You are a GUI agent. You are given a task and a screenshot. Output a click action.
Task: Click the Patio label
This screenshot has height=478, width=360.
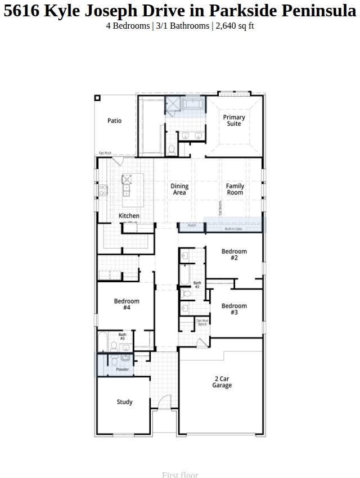click(114, 121)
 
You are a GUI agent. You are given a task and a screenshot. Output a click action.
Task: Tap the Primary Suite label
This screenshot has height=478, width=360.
click(234, 120)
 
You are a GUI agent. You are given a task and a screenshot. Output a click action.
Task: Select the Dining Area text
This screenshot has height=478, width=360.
click(179, 190)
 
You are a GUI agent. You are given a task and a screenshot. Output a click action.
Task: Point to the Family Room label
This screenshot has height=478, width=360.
click(235, 190)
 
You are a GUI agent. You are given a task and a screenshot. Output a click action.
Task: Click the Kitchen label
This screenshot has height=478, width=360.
click(129, 216)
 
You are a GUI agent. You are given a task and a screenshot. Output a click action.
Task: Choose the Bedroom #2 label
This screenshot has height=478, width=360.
click(234, 255)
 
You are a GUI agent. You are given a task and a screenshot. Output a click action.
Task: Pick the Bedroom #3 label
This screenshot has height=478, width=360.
click(234, 309)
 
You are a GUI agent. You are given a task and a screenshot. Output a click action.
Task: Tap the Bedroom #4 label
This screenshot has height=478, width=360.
click(127, 304)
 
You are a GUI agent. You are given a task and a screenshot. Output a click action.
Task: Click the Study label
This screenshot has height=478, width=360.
click(125, 402)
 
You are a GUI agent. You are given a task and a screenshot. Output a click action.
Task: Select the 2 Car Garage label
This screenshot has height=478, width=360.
click(222, 382)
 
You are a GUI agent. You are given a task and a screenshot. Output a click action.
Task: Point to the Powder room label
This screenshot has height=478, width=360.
click(122, 369)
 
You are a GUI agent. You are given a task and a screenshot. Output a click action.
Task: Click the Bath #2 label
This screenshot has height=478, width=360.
click(197, 285)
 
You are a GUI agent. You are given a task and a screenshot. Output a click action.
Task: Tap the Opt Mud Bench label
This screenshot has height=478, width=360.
click(202, 322)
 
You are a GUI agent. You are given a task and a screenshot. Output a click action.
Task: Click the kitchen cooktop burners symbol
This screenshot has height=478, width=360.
click(103, 191)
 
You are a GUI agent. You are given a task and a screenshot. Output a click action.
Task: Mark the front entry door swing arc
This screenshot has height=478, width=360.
click(164, 403)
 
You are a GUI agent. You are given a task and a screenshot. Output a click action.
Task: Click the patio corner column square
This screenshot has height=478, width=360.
click(97, 98)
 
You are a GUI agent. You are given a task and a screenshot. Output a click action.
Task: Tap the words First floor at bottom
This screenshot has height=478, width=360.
click(180, 475)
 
